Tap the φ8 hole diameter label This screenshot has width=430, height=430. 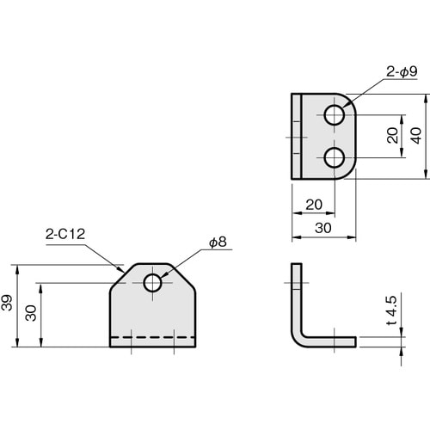(217, 243)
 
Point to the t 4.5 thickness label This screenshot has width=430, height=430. (391, 311)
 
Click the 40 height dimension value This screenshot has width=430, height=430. (417, 137)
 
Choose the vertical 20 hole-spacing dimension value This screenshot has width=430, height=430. (391, 137)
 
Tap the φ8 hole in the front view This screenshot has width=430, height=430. (153, 283)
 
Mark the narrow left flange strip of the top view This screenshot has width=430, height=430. (297, 136)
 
